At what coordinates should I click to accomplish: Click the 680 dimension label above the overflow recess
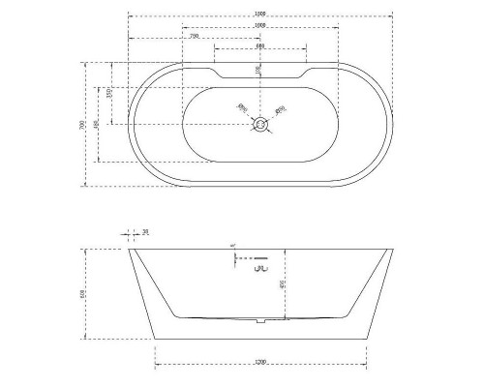click(259, 46)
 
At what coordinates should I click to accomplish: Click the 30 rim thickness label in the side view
click(145, 232)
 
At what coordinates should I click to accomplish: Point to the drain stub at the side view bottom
click(259, 321)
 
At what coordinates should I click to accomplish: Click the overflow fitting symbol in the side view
click(258, 272)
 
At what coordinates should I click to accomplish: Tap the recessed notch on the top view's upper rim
click(259, 74)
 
